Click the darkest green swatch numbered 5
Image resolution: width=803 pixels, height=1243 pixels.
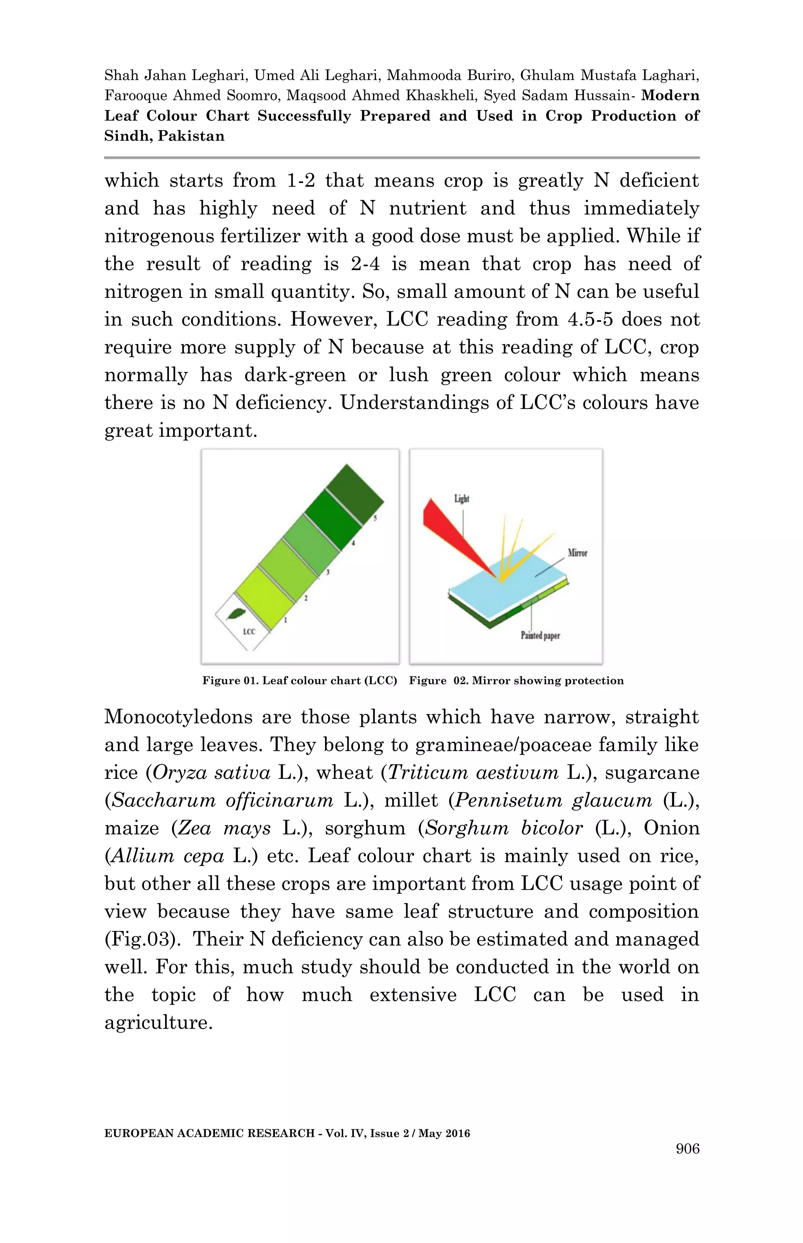point(354,492)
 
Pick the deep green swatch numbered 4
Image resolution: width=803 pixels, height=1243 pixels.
point(334,519)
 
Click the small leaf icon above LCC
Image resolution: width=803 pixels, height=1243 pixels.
point(237,615)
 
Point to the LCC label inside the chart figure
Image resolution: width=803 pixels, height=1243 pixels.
point(249,631)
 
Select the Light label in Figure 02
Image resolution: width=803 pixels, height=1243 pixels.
point(461,499)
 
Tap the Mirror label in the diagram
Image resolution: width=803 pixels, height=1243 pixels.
point(577,553)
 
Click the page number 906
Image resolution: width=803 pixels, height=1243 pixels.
point(687,1149)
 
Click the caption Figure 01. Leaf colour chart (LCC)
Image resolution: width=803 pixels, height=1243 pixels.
point(300,680)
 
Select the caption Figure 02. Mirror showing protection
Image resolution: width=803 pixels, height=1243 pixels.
point(516,680)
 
